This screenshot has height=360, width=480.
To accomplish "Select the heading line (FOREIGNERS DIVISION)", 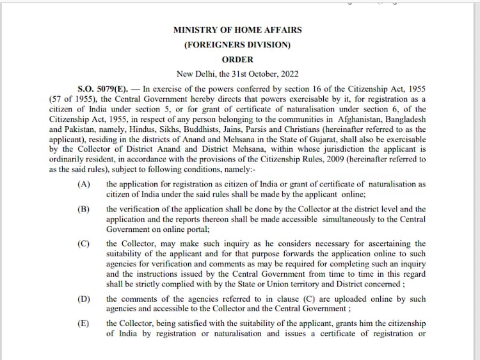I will tap(237, 45).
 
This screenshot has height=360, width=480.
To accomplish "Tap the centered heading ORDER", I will tap(237, 60).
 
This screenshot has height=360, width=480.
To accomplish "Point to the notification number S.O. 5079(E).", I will tap(103, 88).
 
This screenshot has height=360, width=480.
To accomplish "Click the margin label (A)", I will tap(83, 184).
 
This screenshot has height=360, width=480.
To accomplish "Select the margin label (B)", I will tap(83, 209).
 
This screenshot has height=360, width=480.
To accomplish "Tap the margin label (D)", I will tap(83, 299).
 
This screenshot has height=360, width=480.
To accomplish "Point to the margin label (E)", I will tap(83, 323).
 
